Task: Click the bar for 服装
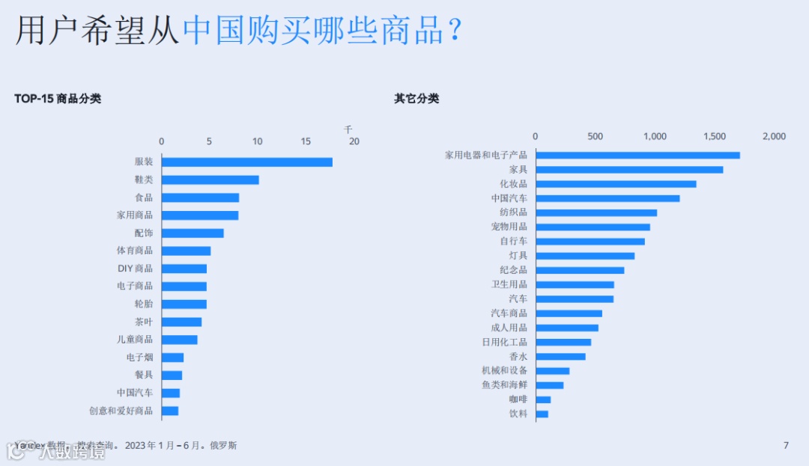(x=246, y=162)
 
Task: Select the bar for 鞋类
(x=210, y=180)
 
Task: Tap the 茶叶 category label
(x=144, y=322)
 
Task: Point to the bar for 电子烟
(x=172, y=358)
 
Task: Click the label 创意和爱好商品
(x=121, y=411)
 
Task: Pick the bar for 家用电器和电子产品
(x=637, y=155)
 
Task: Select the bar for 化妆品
(x=616, y=184)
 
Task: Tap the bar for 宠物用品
(x=593, y=227)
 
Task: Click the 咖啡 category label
(x=518, y=399)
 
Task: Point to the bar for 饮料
(x=542, y=414)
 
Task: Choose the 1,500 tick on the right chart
(x=715, y=136)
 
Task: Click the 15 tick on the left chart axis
(x=306, y=141)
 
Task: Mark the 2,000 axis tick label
(x=774, y=136)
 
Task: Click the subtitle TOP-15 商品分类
(x=58, y=99)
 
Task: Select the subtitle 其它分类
(x=416, y=99)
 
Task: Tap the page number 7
(x=786, y=446)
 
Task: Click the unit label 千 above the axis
(x=348, y=129)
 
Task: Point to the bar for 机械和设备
(x=552, y=371)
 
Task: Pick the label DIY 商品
(x=135, y=269)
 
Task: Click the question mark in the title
(x=453, y=31)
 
